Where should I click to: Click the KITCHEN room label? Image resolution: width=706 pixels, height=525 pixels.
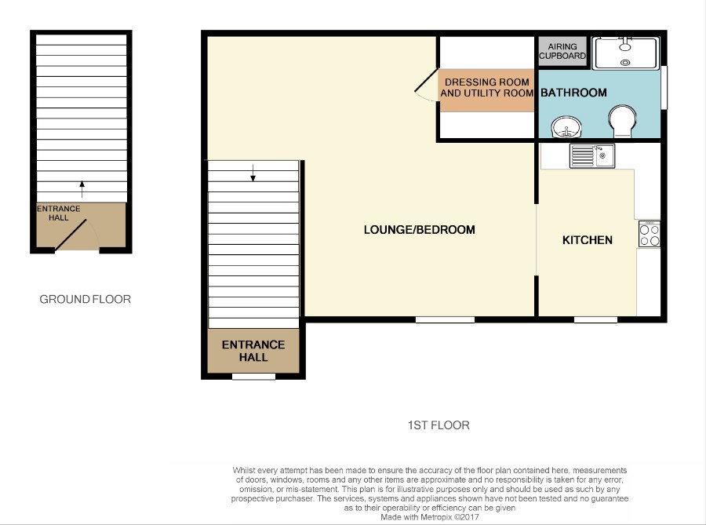point(587,240)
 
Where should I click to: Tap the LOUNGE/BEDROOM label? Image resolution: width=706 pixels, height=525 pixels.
point(419,230)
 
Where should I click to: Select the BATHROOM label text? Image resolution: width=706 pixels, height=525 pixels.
point(573,93)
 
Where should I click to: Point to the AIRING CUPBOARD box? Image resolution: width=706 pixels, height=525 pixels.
point(562,51)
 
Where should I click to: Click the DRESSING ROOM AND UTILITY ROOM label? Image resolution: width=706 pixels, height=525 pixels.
point(486,87)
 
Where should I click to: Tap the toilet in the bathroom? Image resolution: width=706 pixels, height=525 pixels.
point(622,121)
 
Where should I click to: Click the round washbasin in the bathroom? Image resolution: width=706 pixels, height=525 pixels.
point(566,127)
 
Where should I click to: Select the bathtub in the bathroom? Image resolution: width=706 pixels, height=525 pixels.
point(625,53)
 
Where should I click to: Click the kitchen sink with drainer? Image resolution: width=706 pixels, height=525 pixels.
point(591,156)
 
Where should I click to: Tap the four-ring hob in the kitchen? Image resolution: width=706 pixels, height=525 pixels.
point(650,234)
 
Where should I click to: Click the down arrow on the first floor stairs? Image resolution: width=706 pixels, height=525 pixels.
point(253,173)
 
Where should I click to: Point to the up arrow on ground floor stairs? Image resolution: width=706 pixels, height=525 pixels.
point(82,189)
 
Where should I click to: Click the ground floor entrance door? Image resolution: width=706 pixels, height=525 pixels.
point(71,235)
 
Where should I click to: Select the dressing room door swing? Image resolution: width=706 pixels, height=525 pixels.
point(425,86)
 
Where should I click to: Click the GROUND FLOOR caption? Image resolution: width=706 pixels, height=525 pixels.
point(85,300)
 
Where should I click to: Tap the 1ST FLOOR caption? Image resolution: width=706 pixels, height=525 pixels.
point(439,425)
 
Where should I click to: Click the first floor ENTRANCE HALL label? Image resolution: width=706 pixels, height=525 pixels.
point(253,351)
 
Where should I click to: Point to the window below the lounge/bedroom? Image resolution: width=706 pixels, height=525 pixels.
point(445,319)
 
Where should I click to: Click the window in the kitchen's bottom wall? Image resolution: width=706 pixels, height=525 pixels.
point(595,319)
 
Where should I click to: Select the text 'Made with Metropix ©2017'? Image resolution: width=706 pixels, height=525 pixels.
point(430,517)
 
